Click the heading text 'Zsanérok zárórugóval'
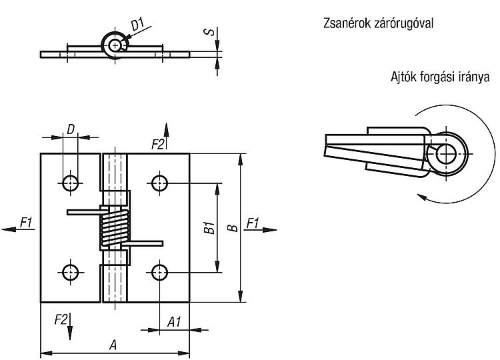378,23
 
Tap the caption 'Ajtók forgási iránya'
440,77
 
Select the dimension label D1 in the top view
138,25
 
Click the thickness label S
209,32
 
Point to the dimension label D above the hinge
71,129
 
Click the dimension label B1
210,228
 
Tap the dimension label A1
174,322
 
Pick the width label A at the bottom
113,345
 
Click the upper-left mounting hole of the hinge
70,183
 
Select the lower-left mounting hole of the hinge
70,272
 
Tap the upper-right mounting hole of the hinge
159,183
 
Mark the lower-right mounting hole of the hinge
159,272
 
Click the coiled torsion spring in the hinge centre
115,228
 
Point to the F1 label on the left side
27,222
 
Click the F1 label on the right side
253,223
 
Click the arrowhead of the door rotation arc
421,197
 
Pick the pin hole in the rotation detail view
447,154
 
